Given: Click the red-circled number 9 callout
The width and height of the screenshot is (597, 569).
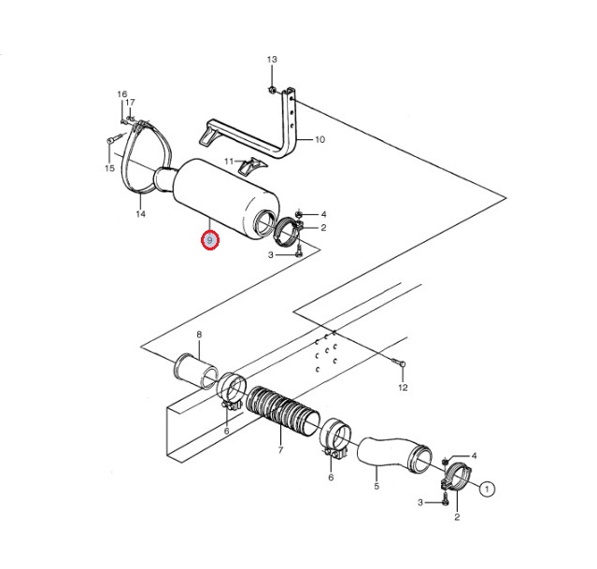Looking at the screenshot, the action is point(210,240).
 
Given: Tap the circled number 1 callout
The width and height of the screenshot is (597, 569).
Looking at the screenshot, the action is point(487,489).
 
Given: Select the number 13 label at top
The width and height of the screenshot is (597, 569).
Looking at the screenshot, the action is point(272,60).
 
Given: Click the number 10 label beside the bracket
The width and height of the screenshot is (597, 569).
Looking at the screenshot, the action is point(320,140).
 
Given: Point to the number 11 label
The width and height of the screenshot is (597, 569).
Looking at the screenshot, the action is point(229,162).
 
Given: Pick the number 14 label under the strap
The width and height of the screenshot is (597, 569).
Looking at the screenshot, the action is point(140,214).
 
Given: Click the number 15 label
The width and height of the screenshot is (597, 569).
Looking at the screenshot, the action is point(109,168).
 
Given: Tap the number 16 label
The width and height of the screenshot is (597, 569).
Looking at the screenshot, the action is point(121,94).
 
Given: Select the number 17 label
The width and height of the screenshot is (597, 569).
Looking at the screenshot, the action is point(130,103).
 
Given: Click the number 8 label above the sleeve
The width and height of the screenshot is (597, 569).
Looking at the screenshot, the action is point(199,334).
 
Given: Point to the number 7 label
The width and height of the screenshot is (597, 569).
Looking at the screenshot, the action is point(280,450).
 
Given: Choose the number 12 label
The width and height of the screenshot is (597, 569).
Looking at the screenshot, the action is point(403,388).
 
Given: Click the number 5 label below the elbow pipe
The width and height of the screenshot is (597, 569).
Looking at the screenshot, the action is point(377,487).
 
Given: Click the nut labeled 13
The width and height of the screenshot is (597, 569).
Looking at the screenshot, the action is point(272,90).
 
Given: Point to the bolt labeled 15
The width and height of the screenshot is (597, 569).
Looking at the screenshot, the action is point(115,138).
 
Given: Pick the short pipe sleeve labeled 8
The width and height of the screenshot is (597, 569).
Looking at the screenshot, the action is point(196,371).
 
